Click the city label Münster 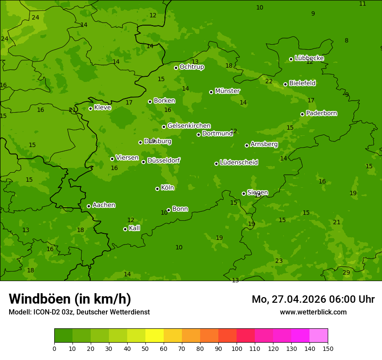point(227,91)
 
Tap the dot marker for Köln point(157,189)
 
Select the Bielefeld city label point(302,83)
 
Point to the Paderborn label point(321,113)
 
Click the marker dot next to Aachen point(89,206)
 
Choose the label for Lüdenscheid point(239,163)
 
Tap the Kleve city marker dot point(90,108)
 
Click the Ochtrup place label point(191,67)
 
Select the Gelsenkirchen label point(189,126)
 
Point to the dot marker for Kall point(125,229)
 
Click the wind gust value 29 point(346,272)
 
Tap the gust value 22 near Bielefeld point(269,81)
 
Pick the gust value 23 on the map point(279,261)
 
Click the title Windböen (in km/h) point(69,299)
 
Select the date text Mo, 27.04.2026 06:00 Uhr point(313,299)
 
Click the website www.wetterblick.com point(313,312)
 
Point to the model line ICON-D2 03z point(79,312)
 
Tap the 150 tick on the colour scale point(328,348)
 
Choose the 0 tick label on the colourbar point(54,348)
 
